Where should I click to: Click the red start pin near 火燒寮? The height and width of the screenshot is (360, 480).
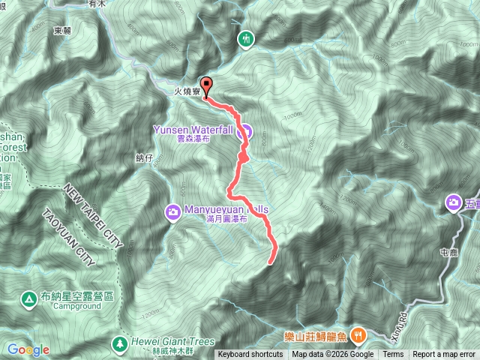pyautogui.click(x=206, y=84)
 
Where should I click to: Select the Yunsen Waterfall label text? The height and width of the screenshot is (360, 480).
pyautogui.click(x=193, y=129)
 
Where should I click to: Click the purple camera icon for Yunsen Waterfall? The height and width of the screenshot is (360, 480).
pyautogui.click(x=244, y=133)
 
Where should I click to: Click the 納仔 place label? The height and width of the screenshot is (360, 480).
pyautogui.click(x=144, y=157)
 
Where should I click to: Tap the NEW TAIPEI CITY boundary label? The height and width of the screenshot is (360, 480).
pyautogui.click(x=94, y=210)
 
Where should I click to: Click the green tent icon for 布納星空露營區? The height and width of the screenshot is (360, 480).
pyautogui.click(x=29, y=298)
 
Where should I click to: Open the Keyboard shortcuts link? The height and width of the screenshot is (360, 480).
pyautogui.click(x=250, y=355)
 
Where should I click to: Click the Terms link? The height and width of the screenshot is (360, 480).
pyautogui.click(x=393, y=355)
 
